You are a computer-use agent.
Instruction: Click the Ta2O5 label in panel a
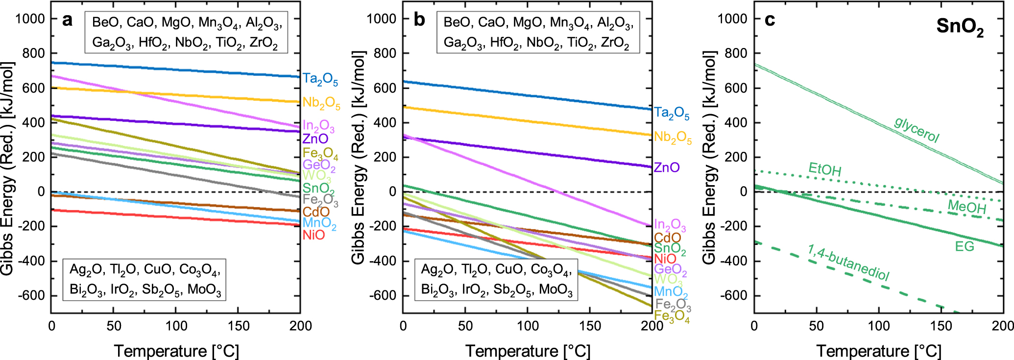[320, 79]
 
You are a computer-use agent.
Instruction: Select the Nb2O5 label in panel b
[673, 138]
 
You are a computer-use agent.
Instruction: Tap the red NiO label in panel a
[314, 235]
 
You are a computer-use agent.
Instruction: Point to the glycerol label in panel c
[917, 129]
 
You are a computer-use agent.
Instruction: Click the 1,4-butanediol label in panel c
[848, 263]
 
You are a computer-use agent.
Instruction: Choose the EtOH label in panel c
[825, 169]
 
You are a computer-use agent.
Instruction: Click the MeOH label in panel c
[966, 207]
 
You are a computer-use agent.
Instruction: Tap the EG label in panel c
[965, 246]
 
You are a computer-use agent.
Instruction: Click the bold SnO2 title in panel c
[960, 27]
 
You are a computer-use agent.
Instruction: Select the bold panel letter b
[419, 20]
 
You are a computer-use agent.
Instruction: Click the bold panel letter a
[67, 20]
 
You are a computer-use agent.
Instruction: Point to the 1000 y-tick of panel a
[30, 19]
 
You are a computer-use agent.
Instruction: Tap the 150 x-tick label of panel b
[590, 326]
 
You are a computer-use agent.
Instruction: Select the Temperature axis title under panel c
[879, 351]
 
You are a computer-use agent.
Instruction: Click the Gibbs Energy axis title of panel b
[359, 157]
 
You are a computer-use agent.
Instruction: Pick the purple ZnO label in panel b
[667, 168]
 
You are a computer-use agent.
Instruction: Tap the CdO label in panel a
[316, 212]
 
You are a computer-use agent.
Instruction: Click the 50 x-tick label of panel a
[114, 326]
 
